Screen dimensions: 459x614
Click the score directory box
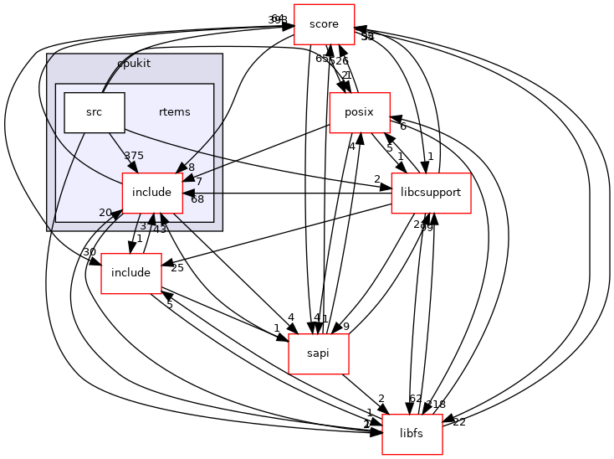(x=324, y=24)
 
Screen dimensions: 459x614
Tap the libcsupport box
(x=429, y=193)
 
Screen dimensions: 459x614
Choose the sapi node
(x=318, y=353)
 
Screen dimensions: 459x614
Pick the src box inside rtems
(x=94, y=113)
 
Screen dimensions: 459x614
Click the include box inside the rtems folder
(x=152, y=193)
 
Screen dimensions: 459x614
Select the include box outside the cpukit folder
(x=130, y=273)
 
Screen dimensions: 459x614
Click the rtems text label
(x=174, y=112)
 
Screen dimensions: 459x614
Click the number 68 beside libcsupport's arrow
(x=197, y=199)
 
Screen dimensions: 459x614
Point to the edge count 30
(x=89, y=253)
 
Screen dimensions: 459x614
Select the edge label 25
(x=177, y=268)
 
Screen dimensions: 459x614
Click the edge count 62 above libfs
(x=416, y=399)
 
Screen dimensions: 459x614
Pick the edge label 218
(x=437, y=405)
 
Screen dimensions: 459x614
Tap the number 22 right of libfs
(x=458, y=421)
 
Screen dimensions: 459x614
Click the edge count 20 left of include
(x=106, y=213)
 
